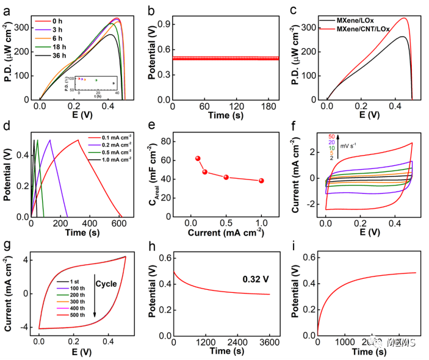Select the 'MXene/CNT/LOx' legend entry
point(369,29)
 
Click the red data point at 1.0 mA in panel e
point(261,181)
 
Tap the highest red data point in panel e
point(198,158)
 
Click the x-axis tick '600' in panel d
point(121,225)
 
